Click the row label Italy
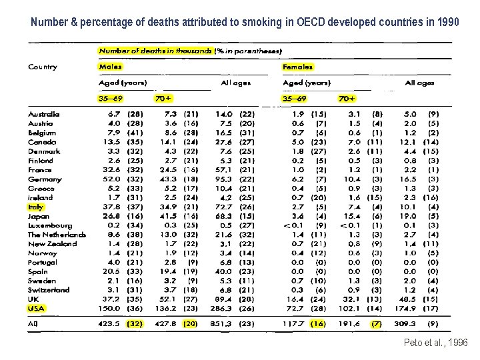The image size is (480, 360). pos(35,207)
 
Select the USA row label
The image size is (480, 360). pos(37,309)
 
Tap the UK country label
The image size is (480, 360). pos(33,299)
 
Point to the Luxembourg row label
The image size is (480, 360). pos(49,225)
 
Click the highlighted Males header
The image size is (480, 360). pos(110,67)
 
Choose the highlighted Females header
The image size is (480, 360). pos(297,67)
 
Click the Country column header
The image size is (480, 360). pos(43,67)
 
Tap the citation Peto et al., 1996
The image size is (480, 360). pos(436,343)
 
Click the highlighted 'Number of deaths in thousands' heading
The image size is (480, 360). pos(155,51)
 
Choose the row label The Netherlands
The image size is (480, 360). pos(57,235)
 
